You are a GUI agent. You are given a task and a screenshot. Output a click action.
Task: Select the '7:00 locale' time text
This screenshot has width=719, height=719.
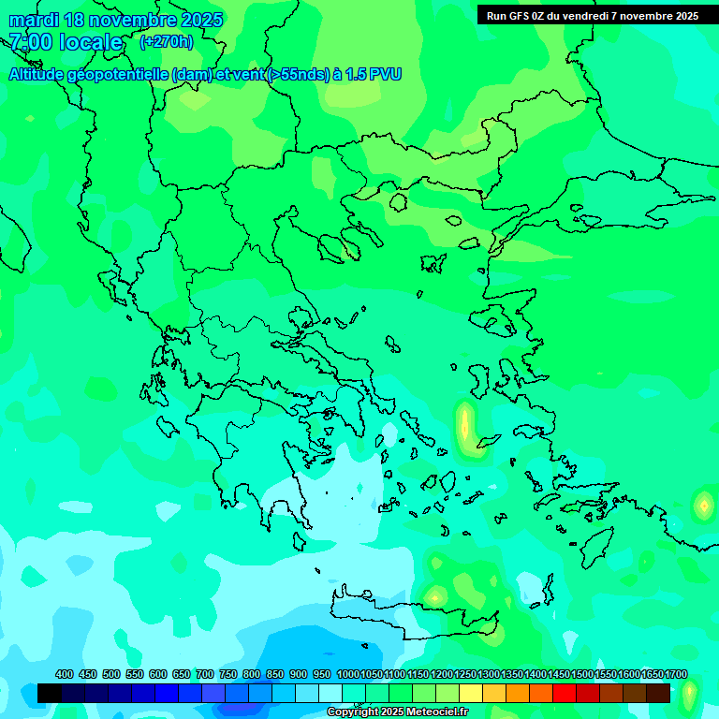66,42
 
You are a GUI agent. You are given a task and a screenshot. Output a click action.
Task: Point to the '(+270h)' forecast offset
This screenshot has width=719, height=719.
167,42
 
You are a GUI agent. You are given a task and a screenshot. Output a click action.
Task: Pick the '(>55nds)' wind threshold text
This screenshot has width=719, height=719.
299,74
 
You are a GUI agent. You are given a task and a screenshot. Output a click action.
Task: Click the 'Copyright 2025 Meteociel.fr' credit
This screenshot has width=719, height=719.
397,712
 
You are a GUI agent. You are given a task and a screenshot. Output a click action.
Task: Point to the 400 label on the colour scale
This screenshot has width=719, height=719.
65,675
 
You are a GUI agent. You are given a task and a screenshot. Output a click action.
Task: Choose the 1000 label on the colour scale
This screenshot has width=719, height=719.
347,675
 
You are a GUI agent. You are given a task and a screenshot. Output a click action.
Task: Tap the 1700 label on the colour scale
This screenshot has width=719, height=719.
676,675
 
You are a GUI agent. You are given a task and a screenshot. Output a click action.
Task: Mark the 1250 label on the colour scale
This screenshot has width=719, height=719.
465,675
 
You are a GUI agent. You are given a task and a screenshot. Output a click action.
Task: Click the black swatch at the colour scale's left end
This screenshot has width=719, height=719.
50,693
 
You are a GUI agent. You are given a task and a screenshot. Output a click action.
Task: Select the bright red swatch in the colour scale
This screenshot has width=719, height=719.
565,693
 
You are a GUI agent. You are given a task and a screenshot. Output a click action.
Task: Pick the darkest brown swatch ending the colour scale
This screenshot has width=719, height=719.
658,693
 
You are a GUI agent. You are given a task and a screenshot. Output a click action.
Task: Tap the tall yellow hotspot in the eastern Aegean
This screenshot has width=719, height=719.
464,424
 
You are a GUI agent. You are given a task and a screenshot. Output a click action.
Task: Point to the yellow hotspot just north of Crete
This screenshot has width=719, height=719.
434,595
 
